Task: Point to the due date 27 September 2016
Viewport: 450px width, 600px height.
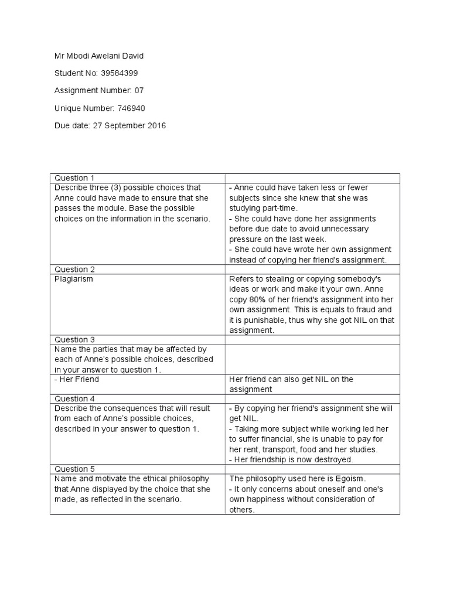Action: (x=129, y=125)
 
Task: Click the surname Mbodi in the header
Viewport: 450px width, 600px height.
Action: (x=77, y=56)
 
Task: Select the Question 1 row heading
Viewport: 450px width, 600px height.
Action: (x=74, y=178)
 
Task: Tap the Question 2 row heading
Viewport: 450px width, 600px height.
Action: (x=74, y=270)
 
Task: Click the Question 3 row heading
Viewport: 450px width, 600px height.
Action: (x=74, y=340)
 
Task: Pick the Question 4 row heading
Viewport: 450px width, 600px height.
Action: (x=74, y=398)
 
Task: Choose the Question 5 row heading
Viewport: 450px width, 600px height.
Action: (x=74, y=469)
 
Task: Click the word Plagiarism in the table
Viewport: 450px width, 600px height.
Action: (x=74, y=279)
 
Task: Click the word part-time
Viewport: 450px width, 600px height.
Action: (x=279, y=209)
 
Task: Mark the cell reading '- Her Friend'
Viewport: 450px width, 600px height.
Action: (x=77, y=379)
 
